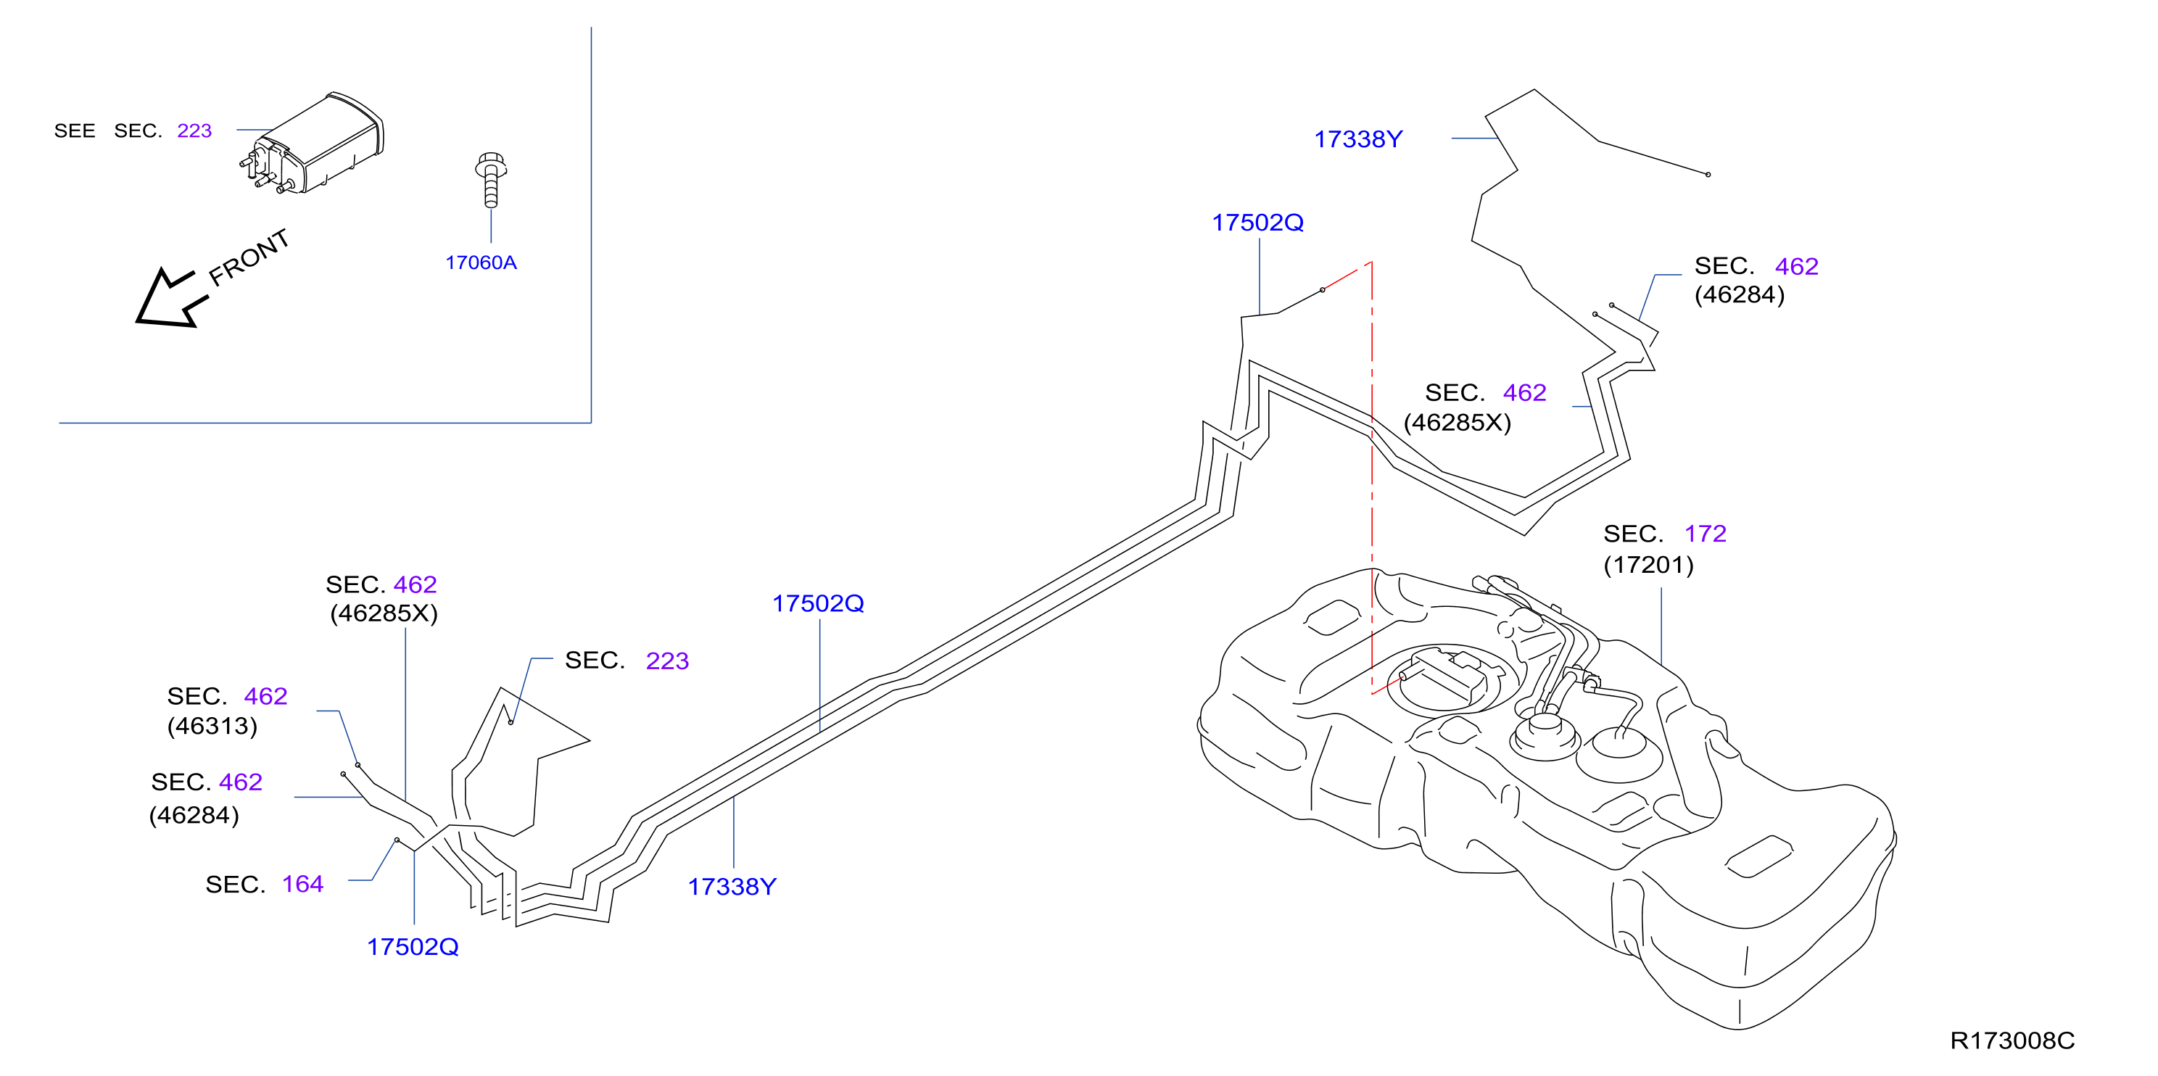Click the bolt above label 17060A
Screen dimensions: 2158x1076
(x=491, y=179)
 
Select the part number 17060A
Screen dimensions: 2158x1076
(x=481, y=263)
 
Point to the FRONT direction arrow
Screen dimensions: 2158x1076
(x=172, y=298)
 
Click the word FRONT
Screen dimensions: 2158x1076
(x=249, y=257)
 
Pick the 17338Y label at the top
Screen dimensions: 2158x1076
(x=1358, y=139)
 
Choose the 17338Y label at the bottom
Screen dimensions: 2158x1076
(x=732, y=887)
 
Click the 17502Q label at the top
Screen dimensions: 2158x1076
(x=1257, y=223)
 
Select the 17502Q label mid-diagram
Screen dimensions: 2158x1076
(x=818, y=604)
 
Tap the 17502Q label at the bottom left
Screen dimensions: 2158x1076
(x=413, y=947)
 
